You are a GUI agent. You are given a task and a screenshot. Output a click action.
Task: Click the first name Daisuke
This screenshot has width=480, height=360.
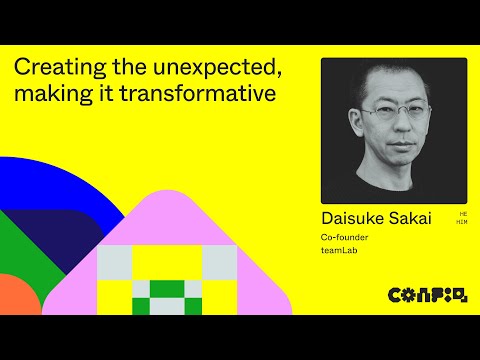point(352,218)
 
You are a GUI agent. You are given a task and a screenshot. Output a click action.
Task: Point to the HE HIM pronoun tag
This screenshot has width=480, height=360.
point(462,217)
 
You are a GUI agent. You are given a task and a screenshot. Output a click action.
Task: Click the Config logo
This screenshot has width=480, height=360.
point(427,295)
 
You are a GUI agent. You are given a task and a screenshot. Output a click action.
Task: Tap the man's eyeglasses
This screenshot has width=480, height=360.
point(392,116)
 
